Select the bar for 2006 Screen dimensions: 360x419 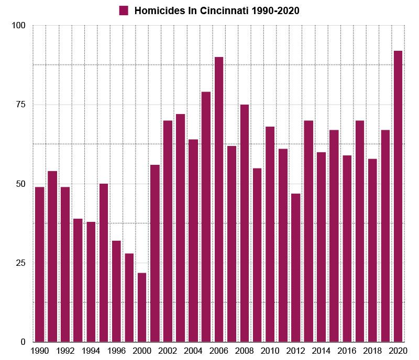point(219,199)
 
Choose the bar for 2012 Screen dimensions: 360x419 point(295,267)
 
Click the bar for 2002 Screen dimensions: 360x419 point(168,231)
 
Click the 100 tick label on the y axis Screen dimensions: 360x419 point(19,25)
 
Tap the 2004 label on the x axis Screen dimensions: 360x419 point(193,351)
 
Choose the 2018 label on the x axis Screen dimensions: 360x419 point(372,351)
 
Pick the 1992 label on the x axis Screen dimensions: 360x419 point(65,351)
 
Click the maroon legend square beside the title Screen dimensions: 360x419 point(124,10)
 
